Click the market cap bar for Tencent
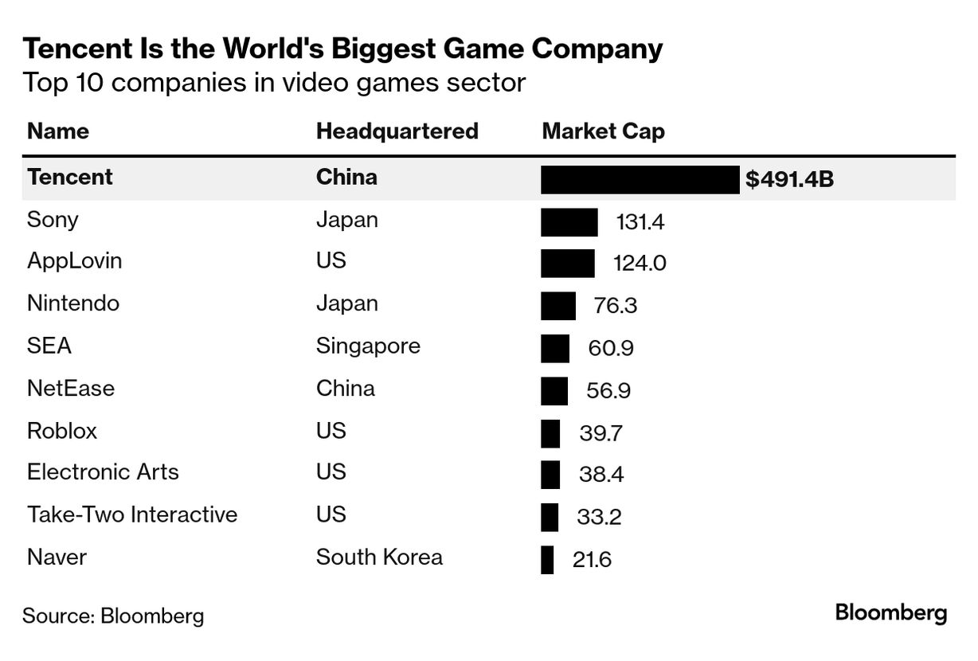click(640, 179)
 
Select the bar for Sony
click(569, 222)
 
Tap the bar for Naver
click(547, 559)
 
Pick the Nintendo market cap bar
click(557, 306)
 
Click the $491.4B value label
click(789, 179)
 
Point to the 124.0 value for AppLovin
click(640, 263)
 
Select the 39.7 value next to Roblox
click(600, 433)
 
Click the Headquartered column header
click(397, 131)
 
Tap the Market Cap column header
click(603, 131)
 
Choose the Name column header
click(58, 131)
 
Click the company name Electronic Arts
click(103, 472)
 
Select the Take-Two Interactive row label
click(132, 514)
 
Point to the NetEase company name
click(71, 389)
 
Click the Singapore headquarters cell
click(368, 346)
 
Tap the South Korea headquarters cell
click(379, 557)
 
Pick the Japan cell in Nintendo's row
click(347, 303)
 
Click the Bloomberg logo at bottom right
click(891, 613)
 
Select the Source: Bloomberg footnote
click(113, 616)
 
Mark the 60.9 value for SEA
click(612, 349)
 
